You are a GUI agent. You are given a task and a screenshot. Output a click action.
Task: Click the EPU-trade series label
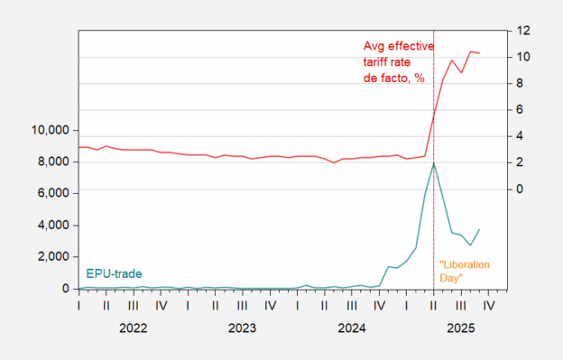pos(114,273)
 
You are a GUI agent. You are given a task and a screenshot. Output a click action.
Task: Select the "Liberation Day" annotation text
pos(464,272)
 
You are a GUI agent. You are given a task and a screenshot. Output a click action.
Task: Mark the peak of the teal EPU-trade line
pos(434,163)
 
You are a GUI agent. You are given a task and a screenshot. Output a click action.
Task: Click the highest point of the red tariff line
pos(470,51)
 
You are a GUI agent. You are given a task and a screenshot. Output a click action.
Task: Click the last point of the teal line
pos(479,229)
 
